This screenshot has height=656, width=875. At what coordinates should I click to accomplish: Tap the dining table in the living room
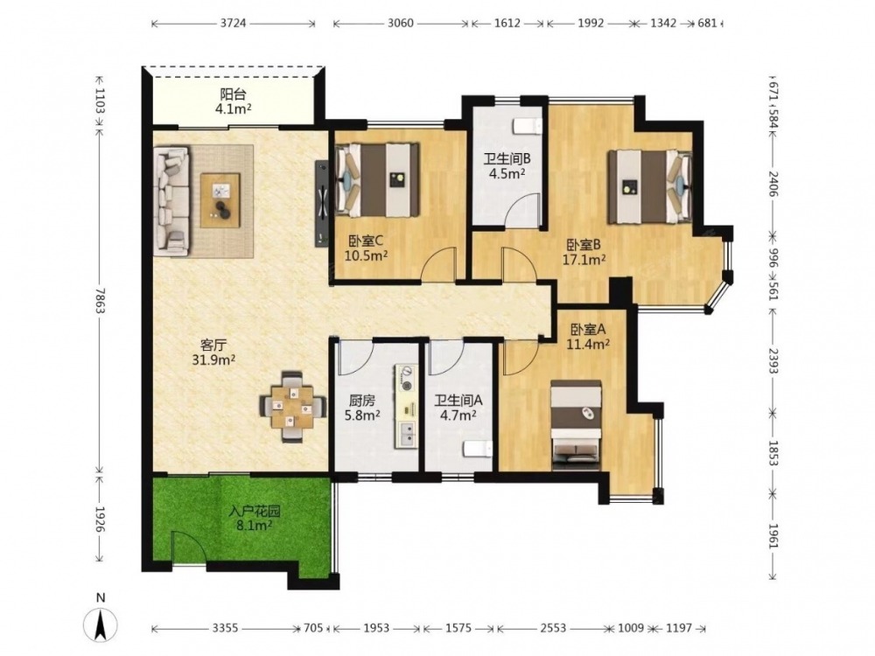(x=292, y=406)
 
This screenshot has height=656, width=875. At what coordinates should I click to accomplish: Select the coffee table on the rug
(x=220, y=199)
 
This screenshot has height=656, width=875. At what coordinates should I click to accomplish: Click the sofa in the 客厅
(x=171, y=199)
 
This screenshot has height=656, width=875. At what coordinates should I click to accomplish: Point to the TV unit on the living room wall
(x=321, y=203)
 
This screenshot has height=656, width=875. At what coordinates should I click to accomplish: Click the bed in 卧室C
(x=377, y=179)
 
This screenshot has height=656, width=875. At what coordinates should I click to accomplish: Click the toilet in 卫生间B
(x=527, y=126)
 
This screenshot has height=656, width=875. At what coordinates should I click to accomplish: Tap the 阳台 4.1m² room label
(x=234, y=101)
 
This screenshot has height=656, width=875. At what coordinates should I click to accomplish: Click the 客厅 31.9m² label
(x=213, y=352)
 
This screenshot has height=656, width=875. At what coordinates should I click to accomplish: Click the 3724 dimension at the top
(x=234, y=24)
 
